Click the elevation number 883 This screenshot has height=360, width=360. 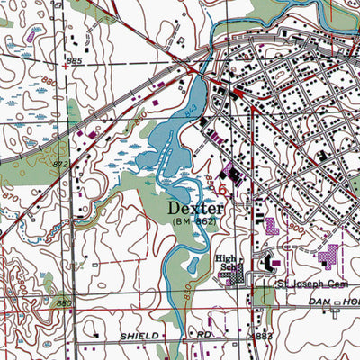(x=264, y=336)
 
